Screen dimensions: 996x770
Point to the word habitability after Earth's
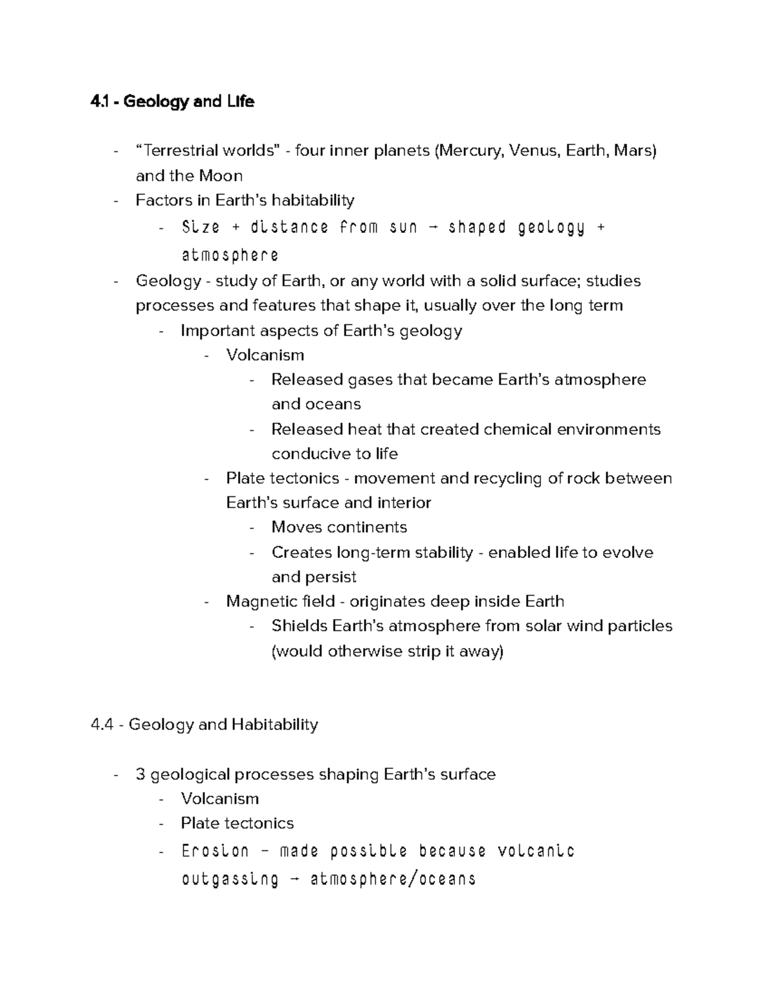(313, 201)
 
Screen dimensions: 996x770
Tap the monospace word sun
(403, 227)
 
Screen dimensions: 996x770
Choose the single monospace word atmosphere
(230, 255)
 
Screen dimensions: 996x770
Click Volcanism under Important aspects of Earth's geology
(265, 355)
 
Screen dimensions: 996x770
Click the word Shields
(296, 626)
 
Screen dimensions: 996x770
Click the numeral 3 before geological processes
(141, 775)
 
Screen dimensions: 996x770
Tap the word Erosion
(215, 851)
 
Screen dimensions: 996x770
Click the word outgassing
(230, 879)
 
